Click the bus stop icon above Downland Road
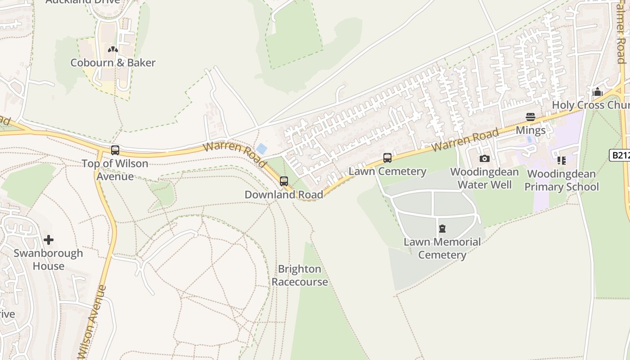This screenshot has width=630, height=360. [284, 181]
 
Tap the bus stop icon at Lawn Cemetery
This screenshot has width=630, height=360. [387, 158]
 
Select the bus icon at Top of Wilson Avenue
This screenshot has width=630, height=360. [115, 150]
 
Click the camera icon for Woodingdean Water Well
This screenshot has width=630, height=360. [484, 158]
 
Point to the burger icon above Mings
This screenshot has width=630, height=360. [531, 117]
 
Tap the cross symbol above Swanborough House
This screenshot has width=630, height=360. [49, 240]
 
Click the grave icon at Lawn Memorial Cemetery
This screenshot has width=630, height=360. [442, 229]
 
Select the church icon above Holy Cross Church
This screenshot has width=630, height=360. [598, 92]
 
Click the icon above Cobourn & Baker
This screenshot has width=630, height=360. [112, 49]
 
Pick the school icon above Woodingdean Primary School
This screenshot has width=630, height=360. [561, 160]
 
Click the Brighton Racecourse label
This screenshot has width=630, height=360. [300, 275]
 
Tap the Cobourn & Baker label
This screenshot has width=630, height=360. [113, 63]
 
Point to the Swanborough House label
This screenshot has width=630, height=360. [48, 259]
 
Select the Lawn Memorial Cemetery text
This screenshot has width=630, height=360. [442, 248]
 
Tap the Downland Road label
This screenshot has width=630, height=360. [283, 194]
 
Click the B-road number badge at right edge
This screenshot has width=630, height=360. [620, 155]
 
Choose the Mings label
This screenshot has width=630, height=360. [531, 130]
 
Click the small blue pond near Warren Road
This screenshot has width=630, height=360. [261, 148]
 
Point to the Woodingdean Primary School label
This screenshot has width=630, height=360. [562, 180]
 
